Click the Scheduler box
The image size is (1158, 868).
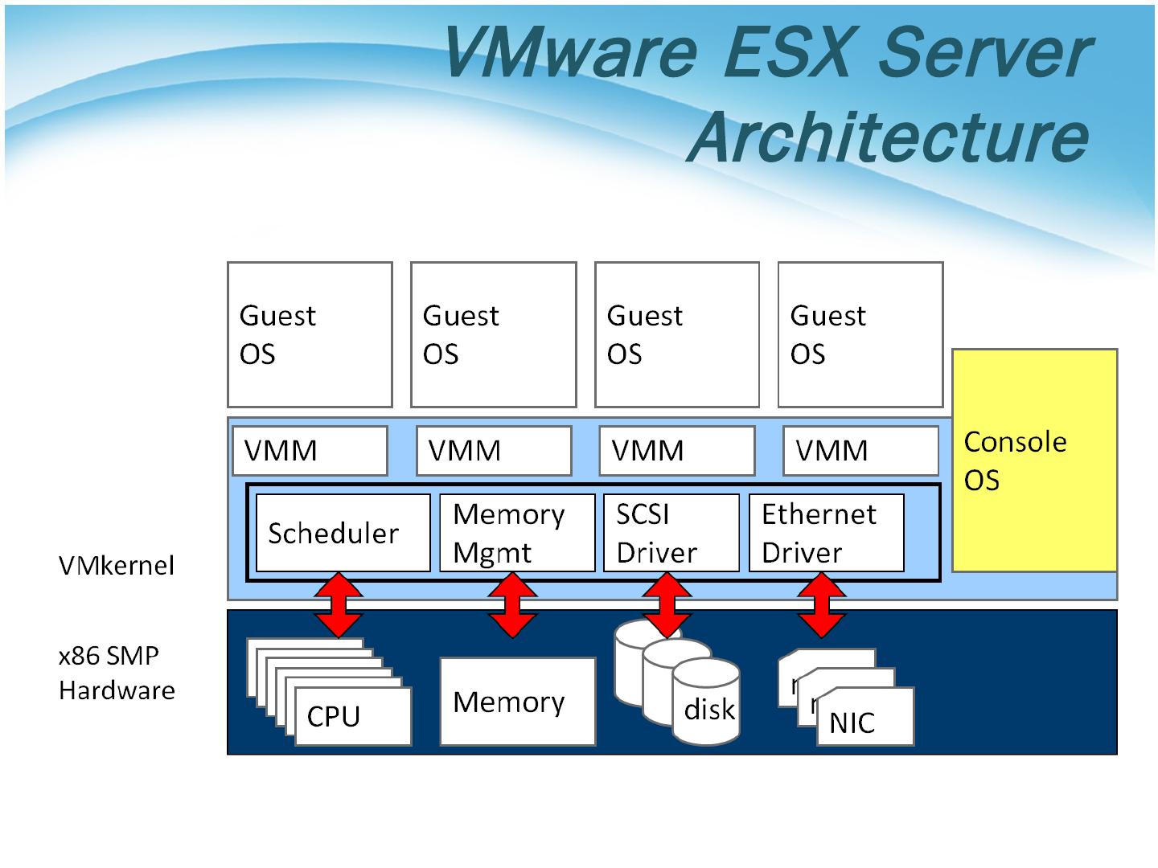343,533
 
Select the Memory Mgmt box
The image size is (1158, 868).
517,533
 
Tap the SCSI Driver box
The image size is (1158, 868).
671,533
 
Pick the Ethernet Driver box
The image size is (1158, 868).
826,533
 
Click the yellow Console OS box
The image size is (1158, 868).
1034,461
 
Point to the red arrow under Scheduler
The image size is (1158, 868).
339,605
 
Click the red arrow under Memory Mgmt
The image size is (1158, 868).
512,605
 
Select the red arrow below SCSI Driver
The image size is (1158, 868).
667,605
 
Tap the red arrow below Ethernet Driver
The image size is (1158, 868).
822,605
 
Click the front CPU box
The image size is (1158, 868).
352,716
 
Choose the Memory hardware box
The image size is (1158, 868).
517,702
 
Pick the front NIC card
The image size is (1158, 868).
864,718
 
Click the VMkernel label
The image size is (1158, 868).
117,566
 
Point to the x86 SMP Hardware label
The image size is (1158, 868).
117,673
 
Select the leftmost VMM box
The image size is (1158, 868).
310,451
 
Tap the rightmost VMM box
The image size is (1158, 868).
860,451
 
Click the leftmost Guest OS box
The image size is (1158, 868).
310,334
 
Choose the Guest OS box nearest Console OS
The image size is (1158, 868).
860,334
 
